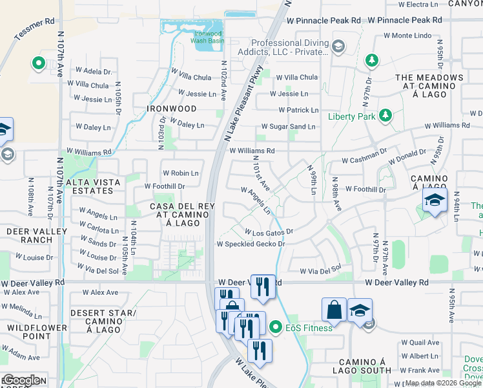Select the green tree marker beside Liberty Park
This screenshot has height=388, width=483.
coord(385,115)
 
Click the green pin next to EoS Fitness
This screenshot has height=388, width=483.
coord(276,327)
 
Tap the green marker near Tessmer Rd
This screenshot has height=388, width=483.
coord(38,64)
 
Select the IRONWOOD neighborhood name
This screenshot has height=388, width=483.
coord(171,109)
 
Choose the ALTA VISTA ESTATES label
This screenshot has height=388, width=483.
coord(93,187)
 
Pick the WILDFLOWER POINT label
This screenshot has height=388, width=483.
coord(28,332)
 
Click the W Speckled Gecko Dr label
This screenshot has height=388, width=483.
coord(251,244)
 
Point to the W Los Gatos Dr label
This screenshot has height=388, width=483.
coord(269,231)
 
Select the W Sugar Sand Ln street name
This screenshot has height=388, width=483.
coord(289,127)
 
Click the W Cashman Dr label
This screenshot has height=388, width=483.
coord(364,159)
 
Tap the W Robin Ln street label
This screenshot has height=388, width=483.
coord(181,173)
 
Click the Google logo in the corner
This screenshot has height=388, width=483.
coord(22,380)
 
